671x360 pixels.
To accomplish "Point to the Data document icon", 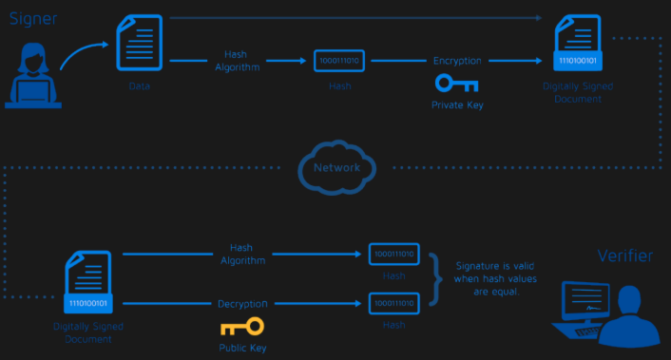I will pyautogui.click(x=140, y=46).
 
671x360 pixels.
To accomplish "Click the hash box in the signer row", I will pyautogui.click(x=340, y=61).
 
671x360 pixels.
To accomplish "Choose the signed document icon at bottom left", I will pyautogui.click(x=89, y=285).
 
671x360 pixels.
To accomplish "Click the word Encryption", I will pyautogui.click(x=457, y=61).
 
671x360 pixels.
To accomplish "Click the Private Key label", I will pyautogui.click(x=457, y=105).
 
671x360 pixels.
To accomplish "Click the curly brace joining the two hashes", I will pyautogui.click(x=436, y=277).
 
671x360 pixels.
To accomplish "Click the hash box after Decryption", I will pyautogui.click(x=393, y=303).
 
